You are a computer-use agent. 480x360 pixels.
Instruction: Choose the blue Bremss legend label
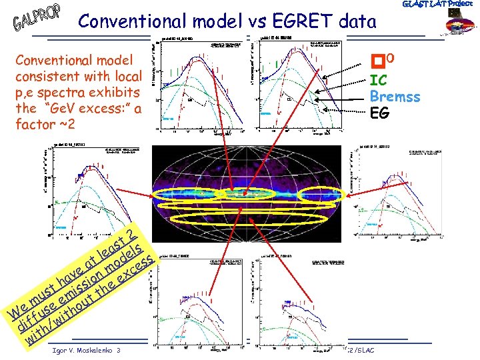coord(395,97)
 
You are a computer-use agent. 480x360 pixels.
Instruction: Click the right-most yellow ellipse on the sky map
coord(319,195)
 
